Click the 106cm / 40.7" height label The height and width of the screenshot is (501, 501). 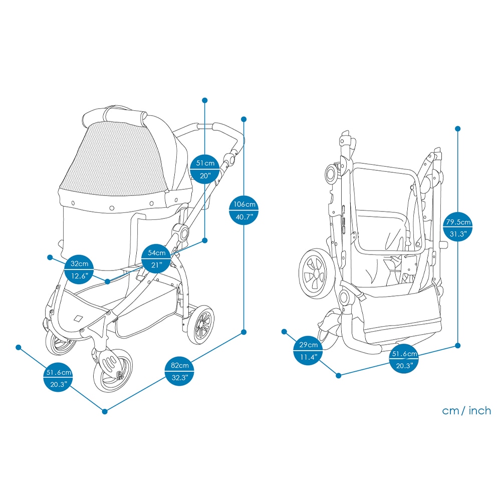tap(244, 210)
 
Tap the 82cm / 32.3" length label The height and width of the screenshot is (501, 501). tap(179, 371)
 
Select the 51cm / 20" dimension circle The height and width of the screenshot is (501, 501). tap(205, 169)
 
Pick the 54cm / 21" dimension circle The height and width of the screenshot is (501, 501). tap(156, 259)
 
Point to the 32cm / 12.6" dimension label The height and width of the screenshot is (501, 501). tap(79, 270)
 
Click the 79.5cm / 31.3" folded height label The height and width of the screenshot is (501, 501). tap(458, 227)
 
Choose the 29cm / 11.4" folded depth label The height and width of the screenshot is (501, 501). tap(308, 351)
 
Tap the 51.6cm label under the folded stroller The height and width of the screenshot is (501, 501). tap(404, 359)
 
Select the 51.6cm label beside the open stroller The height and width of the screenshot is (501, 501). tap(58, 378)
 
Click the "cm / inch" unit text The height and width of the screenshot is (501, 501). tap(466, 411)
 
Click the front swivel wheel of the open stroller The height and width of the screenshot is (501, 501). tap(113, 371)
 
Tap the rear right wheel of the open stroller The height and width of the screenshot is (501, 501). tap(201, 325)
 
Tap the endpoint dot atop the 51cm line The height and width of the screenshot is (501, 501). tap(205, 100)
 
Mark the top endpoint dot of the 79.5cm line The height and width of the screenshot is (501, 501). tap(458, 129)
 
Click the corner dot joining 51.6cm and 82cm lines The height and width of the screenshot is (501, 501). tap(105, 411)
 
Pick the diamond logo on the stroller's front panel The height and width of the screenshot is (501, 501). tap(78, 318)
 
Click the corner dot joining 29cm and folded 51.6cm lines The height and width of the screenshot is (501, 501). tap(339, 375)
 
